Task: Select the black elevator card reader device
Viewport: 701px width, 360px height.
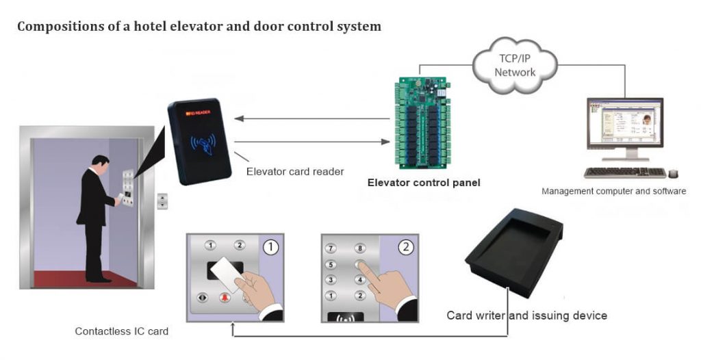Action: [x=199, y=142]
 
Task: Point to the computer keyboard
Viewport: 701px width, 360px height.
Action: [x=624, y=172]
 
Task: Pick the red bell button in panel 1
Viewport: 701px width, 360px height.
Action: [x=224, y=298]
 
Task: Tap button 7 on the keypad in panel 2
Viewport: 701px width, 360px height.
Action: [x=331, y=248]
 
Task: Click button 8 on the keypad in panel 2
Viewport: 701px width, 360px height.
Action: [x=359, y=248]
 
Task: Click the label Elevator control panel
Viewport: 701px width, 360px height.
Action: [x=424, y=183]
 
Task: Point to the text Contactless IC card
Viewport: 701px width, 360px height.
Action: [x=121, y=332]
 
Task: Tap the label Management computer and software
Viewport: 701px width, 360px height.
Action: [x=613, y=191]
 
